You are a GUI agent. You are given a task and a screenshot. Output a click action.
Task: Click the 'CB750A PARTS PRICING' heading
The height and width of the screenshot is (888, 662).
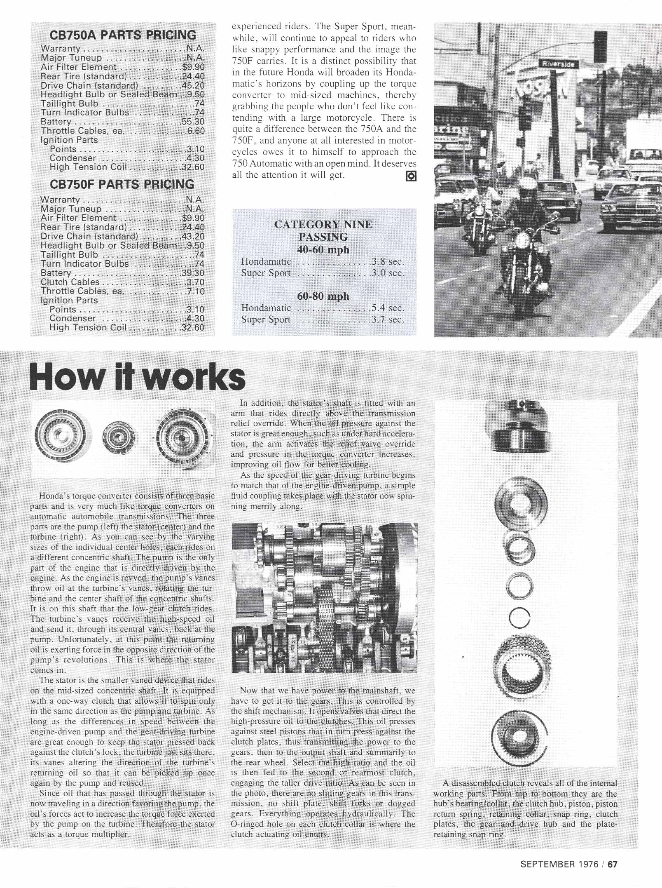123,35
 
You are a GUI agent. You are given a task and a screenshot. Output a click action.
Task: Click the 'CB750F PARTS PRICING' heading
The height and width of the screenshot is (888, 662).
122,184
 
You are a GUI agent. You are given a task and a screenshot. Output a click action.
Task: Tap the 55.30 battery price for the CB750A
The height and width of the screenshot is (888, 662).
193,122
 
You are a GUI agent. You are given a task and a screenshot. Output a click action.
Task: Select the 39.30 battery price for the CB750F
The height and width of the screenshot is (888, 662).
193,273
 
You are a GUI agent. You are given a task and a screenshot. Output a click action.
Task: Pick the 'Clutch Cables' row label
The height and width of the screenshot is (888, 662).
70,282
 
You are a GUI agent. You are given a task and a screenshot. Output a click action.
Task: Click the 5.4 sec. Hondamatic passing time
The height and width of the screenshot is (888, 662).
387,308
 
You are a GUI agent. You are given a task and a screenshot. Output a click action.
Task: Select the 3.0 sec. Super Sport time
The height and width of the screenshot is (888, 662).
387,273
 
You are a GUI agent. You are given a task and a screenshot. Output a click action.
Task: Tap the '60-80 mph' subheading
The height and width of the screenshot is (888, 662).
323,296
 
